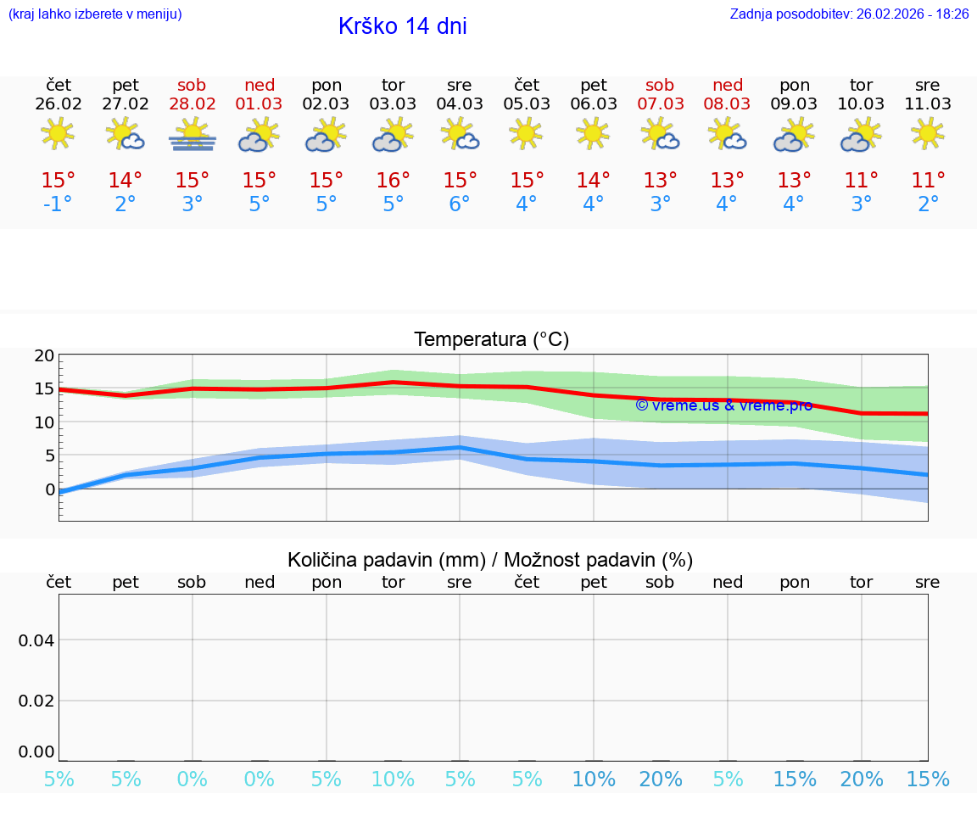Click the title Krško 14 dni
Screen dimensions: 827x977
pos(402,26)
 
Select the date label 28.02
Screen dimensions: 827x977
pos(193,103)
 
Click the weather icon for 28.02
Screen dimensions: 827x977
pos(193,134)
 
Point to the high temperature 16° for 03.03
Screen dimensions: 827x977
pos(393,180)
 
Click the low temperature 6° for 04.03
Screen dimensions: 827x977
pos(460,204)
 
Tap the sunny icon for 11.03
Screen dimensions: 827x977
pos(928,133)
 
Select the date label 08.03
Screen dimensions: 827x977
pos(727,103)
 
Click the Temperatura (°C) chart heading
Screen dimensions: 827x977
pos(491,339)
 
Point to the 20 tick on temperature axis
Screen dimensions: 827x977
pos(44,356)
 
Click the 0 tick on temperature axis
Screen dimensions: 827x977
pos(50,489)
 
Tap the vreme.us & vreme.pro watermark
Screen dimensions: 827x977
pos(723,405)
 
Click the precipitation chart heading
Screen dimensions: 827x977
pos(490,560)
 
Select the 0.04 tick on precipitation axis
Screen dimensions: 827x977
pos(36,640)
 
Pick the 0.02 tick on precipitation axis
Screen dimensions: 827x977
pos(36,701)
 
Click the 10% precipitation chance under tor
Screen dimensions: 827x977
pos(393,779)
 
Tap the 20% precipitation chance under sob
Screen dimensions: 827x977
pos(660,779)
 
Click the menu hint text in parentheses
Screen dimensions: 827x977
pos(95,14)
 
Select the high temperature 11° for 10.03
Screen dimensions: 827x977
pos(861,180)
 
